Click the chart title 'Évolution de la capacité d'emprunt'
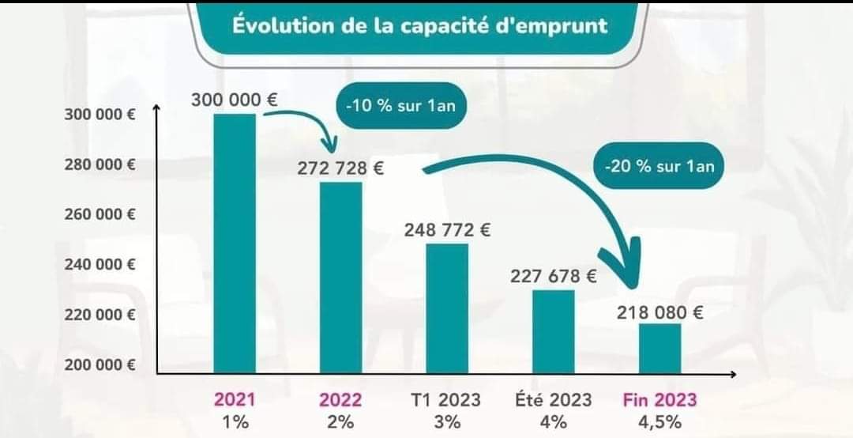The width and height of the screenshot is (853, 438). click(x=419, y=25)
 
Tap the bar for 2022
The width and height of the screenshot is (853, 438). click(x=341, y=278)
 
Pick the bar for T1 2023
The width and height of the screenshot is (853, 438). click(x=447, y=308)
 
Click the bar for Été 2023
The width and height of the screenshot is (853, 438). click(x=553, y=331)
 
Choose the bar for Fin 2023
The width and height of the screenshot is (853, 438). click(x=659, y=348)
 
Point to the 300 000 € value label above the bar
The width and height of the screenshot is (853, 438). click(x=235, y=100)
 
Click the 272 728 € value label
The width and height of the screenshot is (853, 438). click(x=341, y=168)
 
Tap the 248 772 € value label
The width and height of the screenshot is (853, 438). click(x=447, y=230)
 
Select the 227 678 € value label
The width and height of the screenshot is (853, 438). click(x=553, y=276)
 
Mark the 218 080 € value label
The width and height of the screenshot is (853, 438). click(x=660, y=312)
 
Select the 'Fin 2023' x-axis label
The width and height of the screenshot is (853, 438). click(x=660, y=399)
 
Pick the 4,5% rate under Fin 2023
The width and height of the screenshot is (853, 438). click(x=660, y=421)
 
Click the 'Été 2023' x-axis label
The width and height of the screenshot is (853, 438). click(x=553, y=399)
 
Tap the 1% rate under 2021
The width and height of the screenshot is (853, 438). click(x=235, y=421)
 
